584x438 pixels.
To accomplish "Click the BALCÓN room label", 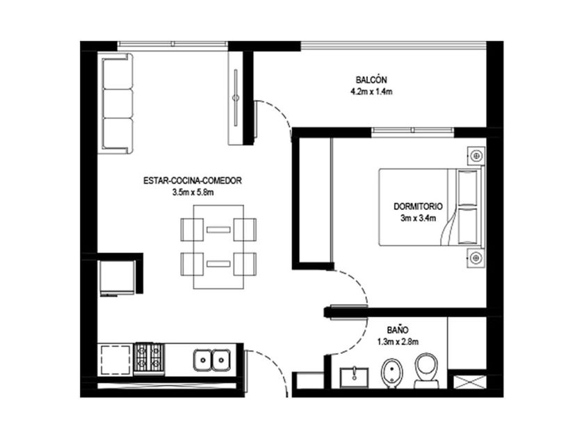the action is click(x=371, y=80).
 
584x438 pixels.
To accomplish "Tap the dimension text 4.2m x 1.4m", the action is click(x=371, y=92).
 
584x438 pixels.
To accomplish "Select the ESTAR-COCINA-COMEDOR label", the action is click(x=193, y=181).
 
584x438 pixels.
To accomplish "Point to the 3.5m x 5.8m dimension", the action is click(x=193, y=193).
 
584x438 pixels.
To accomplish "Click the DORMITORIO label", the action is click(x=419, y=206).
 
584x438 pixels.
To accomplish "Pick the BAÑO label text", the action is click(x=398, y=330).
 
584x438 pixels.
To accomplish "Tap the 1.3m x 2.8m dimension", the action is click(x=398, y=341).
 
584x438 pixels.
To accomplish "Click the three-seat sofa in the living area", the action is click(x=117, y=103).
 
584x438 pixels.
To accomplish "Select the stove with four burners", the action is click(x=149, y=359).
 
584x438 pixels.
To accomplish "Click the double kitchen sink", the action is click(x=212, y=360).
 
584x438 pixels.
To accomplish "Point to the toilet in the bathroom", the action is click(x=426, y=371).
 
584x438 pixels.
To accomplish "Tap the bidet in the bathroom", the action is click(x=392, y=373).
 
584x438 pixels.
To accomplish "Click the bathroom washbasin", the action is click(x=354, y=378).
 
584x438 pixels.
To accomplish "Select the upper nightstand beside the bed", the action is click(x=476, y=155).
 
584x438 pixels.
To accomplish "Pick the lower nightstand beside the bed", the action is click(x=476, y=258).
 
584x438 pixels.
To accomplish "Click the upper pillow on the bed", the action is click(x=468, y=187).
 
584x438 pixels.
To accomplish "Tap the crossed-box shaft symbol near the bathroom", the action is click(x=470, y=382).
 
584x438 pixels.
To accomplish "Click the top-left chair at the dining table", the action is click(x=192, y=229).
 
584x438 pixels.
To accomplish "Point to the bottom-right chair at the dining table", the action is click(x=245, y=264).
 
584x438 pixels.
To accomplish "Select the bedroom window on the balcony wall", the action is click(x=412, y=130).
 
